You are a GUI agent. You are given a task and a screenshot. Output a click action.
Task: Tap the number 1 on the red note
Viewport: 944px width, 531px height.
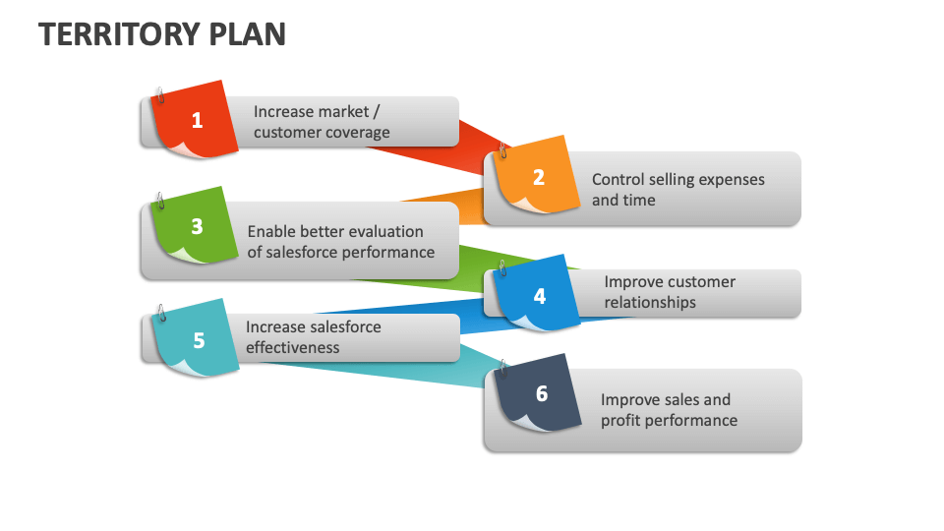[x=197, y=121]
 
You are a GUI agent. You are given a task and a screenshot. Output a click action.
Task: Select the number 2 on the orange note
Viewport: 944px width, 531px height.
[x=538, y=177]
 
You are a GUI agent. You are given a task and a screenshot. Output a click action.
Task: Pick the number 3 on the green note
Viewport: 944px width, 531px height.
[x=197, y=226]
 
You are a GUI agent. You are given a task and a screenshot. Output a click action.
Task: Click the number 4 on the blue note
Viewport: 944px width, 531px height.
[x=539, y=296]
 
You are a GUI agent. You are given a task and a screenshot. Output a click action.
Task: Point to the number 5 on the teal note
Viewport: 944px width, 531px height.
[x=199, y=341]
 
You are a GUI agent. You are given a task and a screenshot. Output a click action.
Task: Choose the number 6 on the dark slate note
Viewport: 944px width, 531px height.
[x=541, y=394]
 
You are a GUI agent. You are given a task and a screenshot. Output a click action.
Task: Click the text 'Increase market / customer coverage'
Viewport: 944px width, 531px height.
[x=322, y=122]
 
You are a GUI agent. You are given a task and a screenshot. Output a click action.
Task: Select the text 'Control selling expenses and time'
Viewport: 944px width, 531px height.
[x=678, y=190]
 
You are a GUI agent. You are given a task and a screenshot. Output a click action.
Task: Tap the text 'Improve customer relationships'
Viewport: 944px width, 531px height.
[x=669, y=292]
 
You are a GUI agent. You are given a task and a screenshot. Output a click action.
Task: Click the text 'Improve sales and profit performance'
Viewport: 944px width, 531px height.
[x=669, y=410]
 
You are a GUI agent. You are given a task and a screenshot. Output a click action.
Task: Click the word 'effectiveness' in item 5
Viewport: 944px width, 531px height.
[x=292, y=348]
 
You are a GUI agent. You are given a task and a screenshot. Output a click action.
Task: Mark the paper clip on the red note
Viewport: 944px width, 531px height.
[x=159, y=95]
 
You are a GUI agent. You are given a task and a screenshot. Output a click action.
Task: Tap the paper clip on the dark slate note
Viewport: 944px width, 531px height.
[x=502, y=369]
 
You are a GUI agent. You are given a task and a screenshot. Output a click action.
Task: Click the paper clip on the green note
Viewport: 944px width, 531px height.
[x=159, y=201]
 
